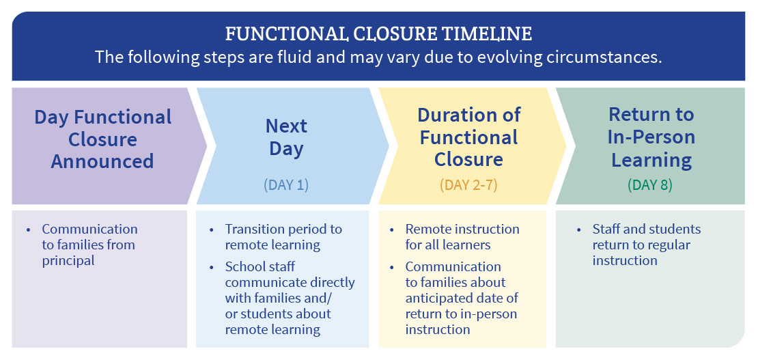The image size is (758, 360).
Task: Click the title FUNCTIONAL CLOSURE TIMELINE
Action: [378, 34]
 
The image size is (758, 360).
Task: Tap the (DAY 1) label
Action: [285, 185]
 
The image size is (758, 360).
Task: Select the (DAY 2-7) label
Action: [468, 185]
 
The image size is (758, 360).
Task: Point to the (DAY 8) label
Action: [649, 185]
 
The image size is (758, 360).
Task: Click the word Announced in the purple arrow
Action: [102, 161]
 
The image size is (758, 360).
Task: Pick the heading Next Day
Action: [286, 137]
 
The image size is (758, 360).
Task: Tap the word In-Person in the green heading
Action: [651, 137]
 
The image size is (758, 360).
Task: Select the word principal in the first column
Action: [68, 261]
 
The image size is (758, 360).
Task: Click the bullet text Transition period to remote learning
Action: [284, 236]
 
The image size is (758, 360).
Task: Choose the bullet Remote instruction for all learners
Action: [462, 236]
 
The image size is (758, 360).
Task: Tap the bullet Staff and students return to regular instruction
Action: [647, 245]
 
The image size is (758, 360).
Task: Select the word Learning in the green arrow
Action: [651, 160]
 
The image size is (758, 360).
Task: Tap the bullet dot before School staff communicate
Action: [212, 267]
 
